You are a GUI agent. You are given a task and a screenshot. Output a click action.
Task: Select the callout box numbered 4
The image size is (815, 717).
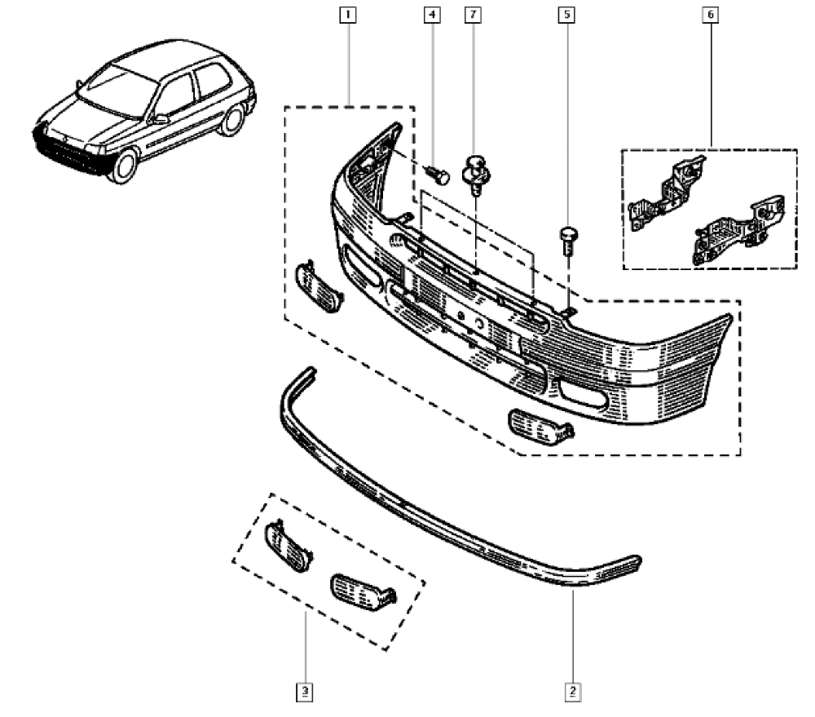pos(431,14)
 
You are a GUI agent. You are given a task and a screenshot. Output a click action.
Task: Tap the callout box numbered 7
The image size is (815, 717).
pos(472,14)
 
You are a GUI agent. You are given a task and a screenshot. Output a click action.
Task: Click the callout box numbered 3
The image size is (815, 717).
pos(305,693)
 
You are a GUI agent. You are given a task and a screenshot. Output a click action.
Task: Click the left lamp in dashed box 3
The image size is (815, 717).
pos(288,544)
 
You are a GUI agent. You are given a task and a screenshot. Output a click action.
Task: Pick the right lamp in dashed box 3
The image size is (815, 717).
pos(362,591)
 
